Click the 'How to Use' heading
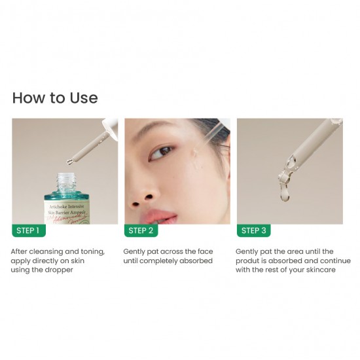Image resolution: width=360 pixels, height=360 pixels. click(x=55, y=98)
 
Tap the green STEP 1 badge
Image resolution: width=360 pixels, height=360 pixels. click(x=28, y=230)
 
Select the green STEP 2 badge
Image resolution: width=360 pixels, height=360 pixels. click(x=141, y=230)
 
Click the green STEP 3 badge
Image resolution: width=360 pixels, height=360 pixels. click(x=253, y=230)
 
